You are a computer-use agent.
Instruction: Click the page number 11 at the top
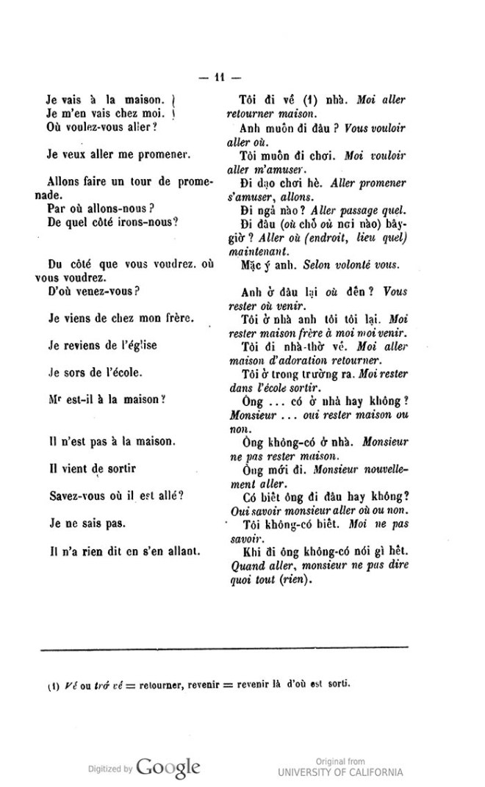(x=220, y=77)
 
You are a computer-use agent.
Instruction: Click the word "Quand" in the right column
(x=246, y=565)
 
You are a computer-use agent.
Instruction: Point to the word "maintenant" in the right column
(x=251, y=250)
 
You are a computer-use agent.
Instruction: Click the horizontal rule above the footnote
(x=224, y=647)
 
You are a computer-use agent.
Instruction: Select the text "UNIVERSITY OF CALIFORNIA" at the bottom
(x=340, y=772)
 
